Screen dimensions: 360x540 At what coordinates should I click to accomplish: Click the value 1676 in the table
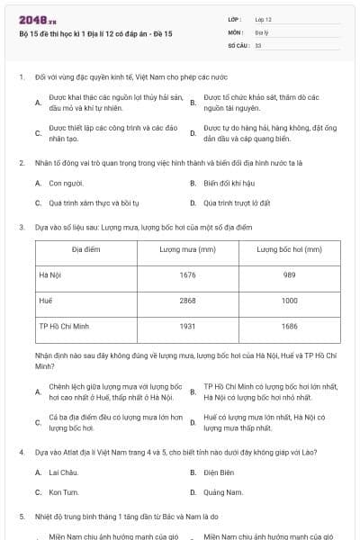point(187,274)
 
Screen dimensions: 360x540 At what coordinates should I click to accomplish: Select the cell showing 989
point(289,274)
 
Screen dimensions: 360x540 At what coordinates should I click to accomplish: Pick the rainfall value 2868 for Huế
point(187,300)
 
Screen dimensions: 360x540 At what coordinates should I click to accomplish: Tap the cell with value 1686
point(289,325)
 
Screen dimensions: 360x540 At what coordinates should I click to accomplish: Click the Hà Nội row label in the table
point(49,274)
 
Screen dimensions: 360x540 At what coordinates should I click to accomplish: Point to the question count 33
point(258,44)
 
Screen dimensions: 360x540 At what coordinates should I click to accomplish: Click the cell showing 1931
point(187,325)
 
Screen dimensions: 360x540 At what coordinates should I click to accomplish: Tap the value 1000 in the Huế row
point(289,300)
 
